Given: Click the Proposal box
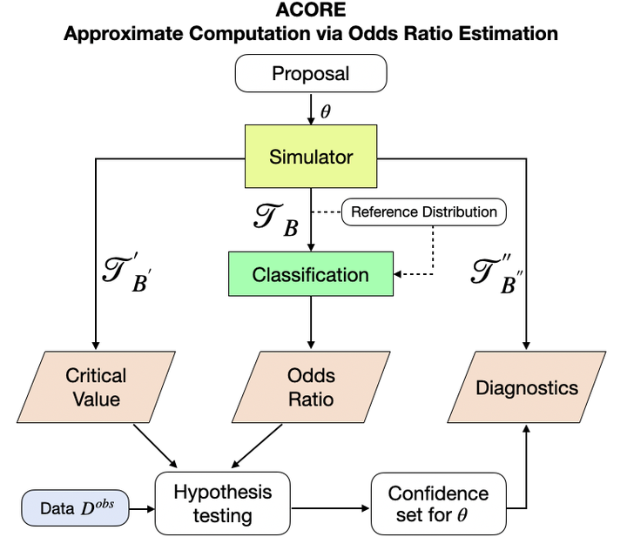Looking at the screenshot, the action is [311, 73].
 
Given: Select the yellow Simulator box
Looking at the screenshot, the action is [311, 156].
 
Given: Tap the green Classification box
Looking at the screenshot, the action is [311, 274].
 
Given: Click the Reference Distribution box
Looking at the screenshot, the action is [424, 211].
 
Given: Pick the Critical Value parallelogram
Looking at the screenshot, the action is [96, 387].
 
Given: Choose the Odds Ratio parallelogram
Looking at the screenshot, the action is [311, 387].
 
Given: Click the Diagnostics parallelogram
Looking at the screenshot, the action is [527, 387].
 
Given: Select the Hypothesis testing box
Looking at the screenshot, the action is [223, 503].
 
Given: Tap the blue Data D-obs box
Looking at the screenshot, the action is [75, 507].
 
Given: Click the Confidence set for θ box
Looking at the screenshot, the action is [439, 503].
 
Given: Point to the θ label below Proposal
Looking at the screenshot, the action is [326, 111].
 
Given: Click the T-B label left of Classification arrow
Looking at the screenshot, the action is [277, 220].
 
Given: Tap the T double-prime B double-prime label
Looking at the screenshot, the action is [497, 274].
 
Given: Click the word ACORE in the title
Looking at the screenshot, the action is [311, 10].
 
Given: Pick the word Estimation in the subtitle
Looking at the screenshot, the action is [509, 33].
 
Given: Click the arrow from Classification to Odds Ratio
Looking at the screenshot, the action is [311, 322].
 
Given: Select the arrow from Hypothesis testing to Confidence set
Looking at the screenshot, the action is [330, 508].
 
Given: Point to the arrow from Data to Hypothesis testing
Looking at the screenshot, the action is [142, 508].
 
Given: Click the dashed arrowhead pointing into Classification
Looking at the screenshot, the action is [397, 274].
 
